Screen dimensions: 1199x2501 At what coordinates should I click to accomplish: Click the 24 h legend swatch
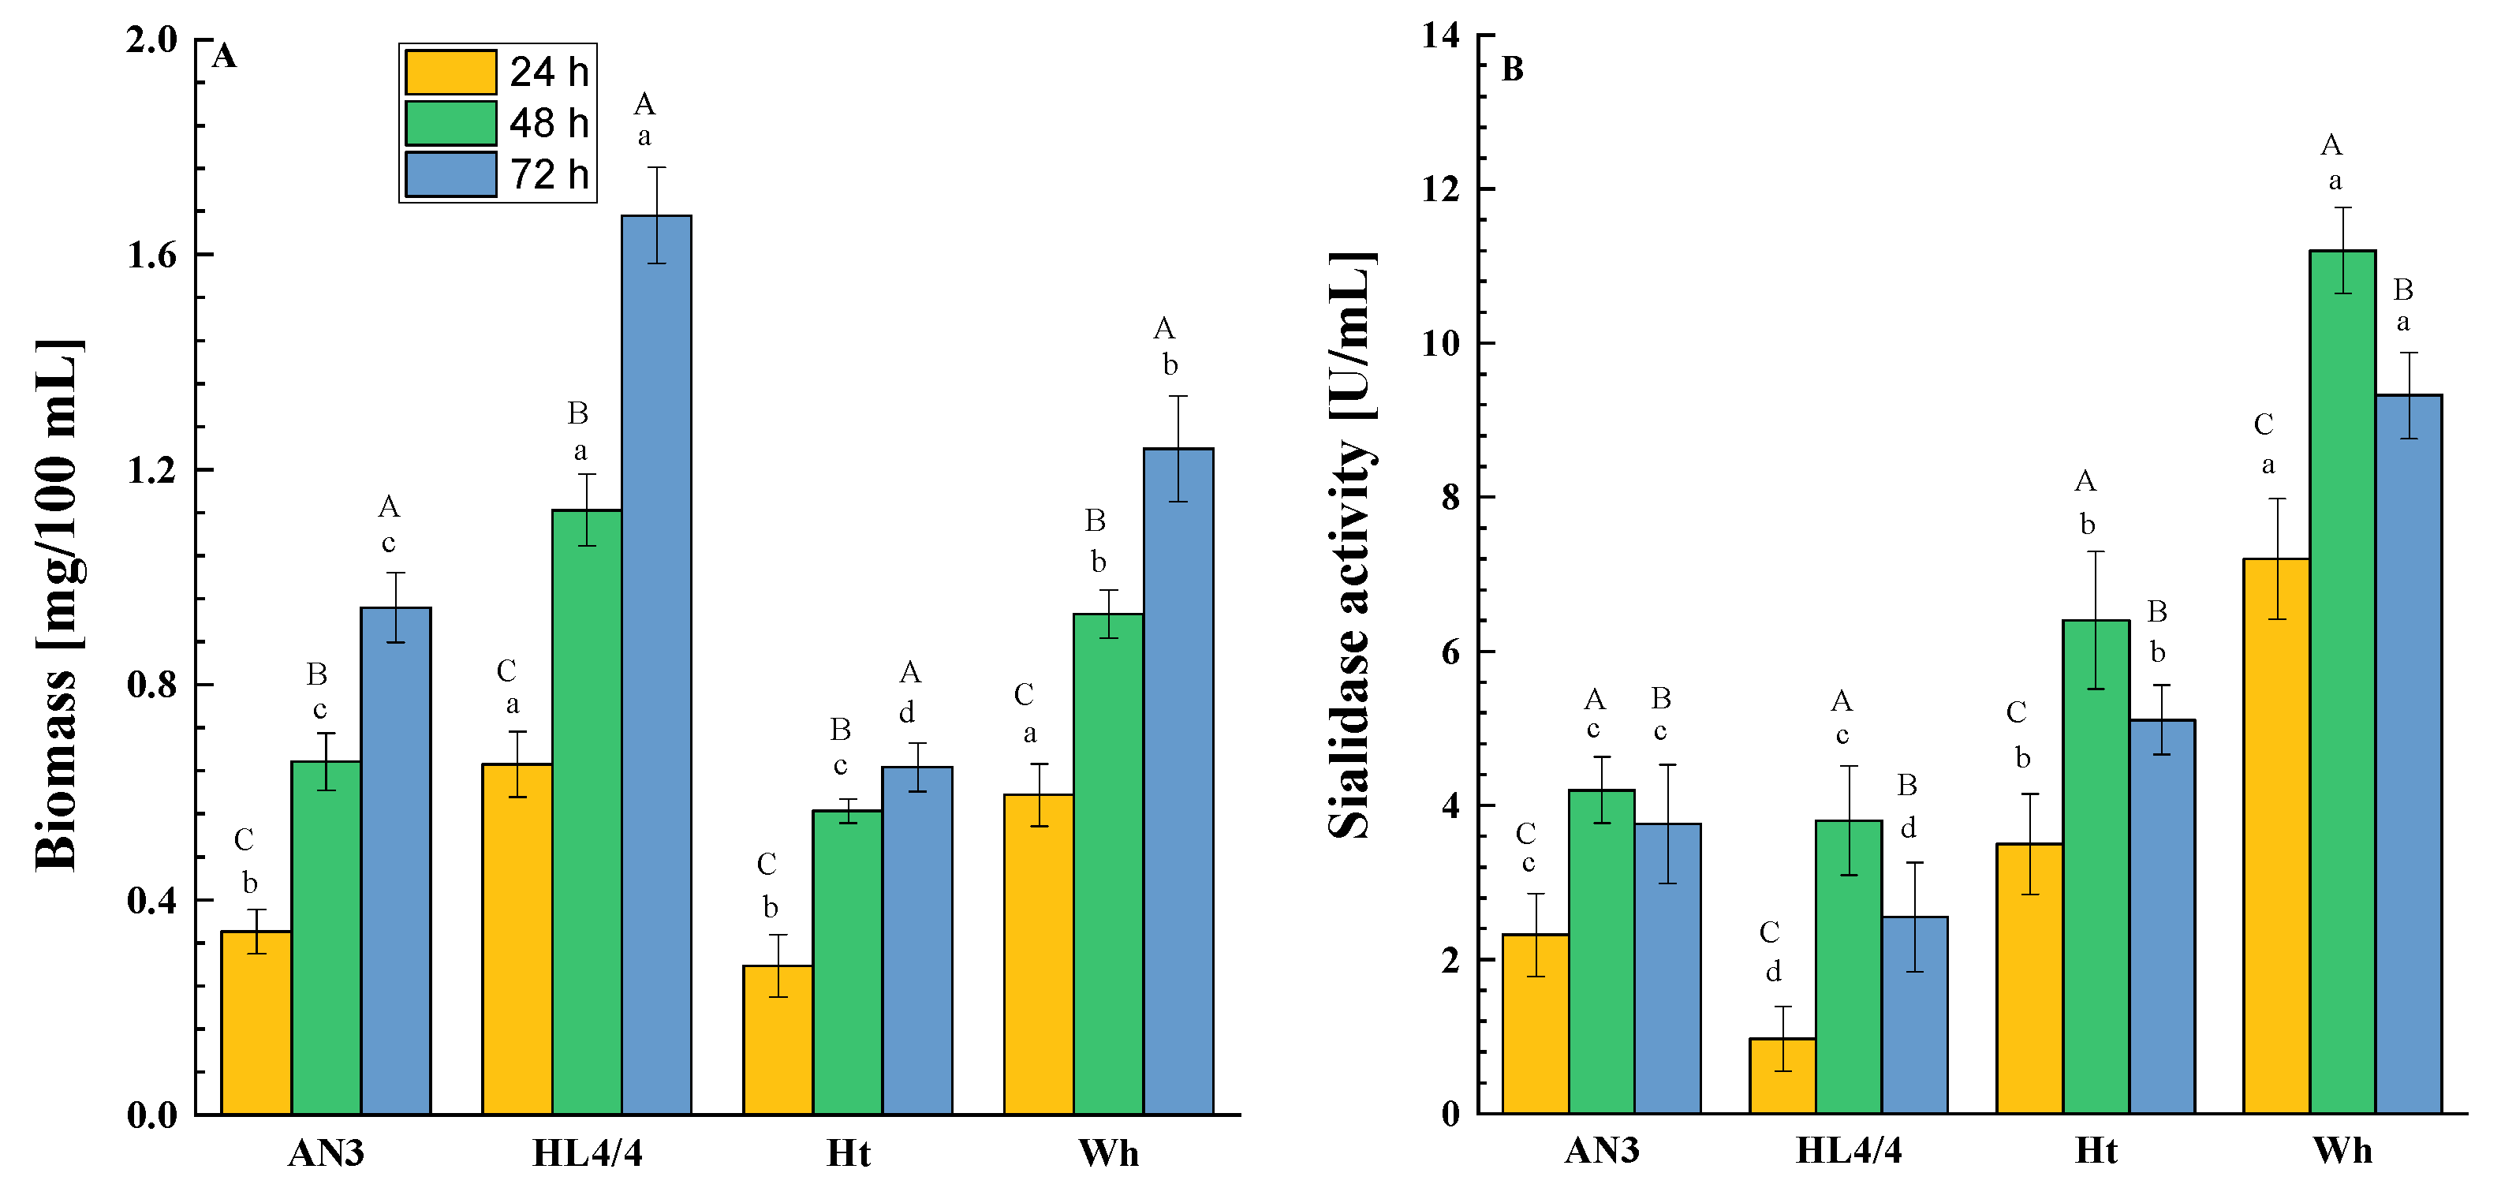click(x=450, y=72)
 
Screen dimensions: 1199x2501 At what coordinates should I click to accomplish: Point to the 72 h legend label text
click(x=550, y=175)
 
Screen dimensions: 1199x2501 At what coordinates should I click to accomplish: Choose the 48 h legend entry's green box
click(x=450, y=123)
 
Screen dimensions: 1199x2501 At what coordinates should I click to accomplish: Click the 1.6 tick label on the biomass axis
click(x=152, y=254)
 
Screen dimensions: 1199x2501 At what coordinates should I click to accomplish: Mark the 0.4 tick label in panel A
click(x=152, y=900)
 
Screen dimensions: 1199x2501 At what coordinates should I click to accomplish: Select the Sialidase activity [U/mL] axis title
click(x=1352, y=543)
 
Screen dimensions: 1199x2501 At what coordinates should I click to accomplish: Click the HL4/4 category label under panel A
click(x=588, y=1152)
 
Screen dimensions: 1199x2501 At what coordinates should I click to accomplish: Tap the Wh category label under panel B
click(x=2342, y=1150)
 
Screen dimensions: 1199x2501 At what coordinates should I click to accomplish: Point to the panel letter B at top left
click(x=1512, y=70)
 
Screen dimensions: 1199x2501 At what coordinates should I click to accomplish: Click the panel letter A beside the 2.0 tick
click(x=224, y=56)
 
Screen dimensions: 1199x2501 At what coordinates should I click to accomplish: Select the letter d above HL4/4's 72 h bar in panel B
click(x=1908, y=828)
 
